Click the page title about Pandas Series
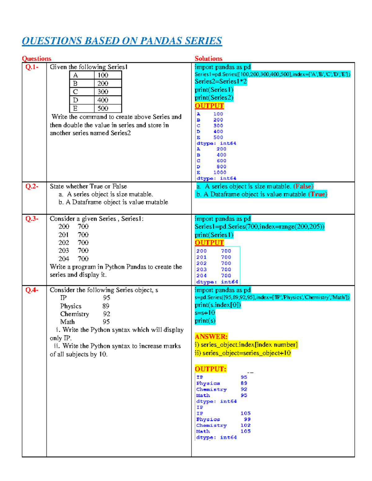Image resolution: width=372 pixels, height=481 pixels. [x=122, y=41]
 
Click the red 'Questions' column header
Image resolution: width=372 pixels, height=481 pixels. [x=37, y=59]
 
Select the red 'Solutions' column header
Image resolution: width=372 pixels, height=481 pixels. [x=208, y=59]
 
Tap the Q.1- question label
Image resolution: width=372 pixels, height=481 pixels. [x=32, y=67]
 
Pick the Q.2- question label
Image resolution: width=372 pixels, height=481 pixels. [x=32, y=186]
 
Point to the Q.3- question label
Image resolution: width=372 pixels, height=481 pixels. [x=32, y=219]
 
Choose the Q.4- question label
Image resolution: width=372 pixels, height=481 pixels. [x=32, y=290]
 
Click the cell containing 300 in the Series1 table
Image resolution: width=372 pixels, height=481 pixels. [x=103, y=92]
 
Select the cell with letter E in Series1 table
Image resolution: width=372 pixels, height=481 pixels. [x=75, y=108]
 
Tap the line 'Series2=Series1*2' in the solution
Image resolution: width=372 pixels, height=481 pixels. [x=221, y=81]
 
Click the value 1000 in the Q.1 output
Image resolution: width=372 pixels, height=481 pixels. [x=220, y=173]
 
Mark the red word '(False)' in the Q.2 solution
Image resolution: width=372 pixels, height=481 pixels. [x=303, y=186]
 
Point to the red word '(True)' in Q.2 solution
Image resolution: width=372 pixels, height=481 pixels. [x=317, y=194]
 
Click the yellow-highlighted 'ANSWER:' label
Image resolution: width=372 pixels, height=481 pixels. [x=211, y=336]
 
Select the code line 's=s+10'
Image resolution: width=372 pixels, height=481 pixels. [x=205, y=313]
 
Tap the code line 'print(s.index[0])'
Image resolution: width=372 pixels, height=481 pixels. [x=218, y=305]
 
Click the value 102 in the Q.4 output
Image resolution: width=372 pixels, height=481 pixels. [x=246, y=425]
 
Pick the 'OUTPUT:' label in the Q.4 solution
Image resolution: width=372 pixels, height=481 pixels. [x=210, y=369]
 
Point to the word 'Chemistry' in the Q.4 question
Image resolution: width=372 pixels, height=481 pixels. [x=75, y=314]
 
